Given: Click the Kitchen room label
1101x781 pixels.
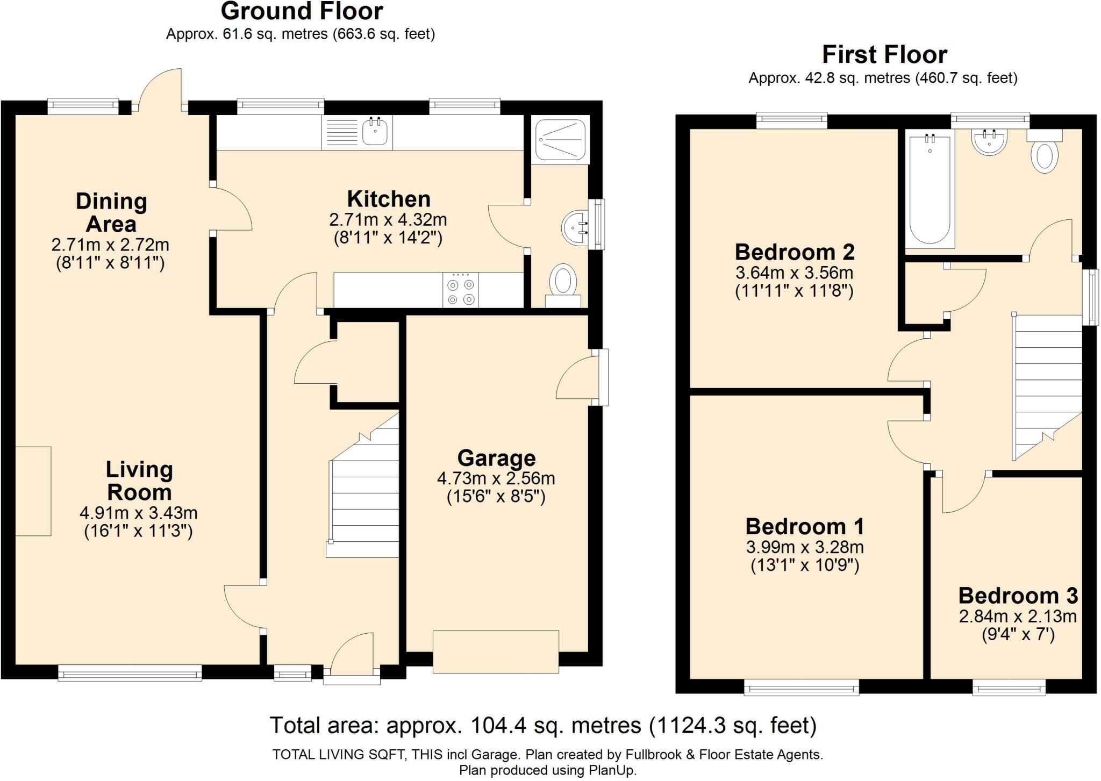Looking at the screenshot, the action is point(389,199).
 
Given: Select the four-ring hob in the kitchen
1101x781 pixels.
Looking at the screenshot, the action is point(461,290).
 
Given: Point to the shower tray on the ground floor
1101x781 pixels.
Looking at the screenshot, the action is point(560,139).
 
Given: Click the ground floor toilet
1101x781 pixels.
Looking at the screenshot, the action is point(563,286).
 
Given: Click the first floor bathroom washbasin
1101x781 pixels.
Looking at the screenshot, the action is point(989,142).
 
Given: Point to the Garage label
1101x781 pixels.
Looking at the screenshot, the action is point(496,458).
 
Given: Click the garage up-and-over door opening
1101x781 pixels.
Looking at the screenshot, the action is point(496,651).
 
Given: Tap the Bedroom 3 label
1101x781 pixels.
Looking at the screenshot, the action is point(1018,596).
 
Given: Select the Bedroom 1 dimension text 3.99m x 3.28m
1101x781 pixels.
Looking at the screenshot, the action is point(805,547).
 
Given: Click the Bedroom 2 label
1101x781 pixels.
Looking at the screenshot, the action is point(795,252).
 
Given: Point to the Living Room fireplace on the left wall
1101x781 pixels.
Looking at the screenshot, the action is point(33,491).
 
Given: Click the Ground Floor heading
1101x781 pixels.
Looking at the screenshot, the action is point(302,11).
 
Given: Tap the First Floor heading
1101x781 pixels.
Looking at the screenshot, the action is point(884,55).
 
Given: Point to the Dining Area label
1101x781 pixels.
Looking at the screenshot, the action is point(111,213).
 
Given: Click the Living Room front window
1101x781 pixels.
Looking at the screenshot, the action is point(130,673).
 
